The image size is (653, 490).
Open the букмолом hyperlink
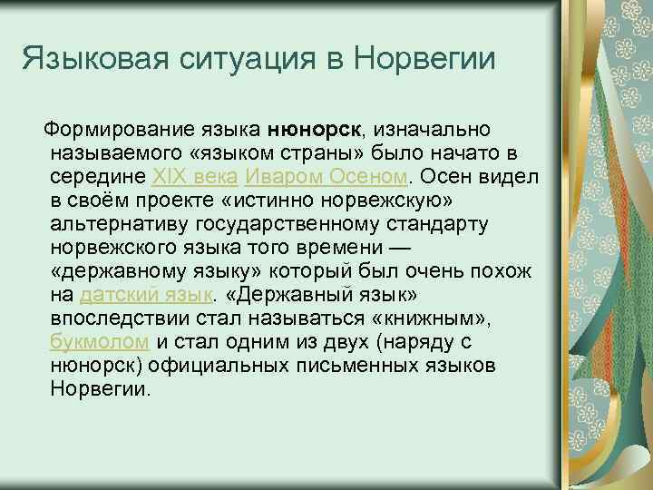tap(101, 343)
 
